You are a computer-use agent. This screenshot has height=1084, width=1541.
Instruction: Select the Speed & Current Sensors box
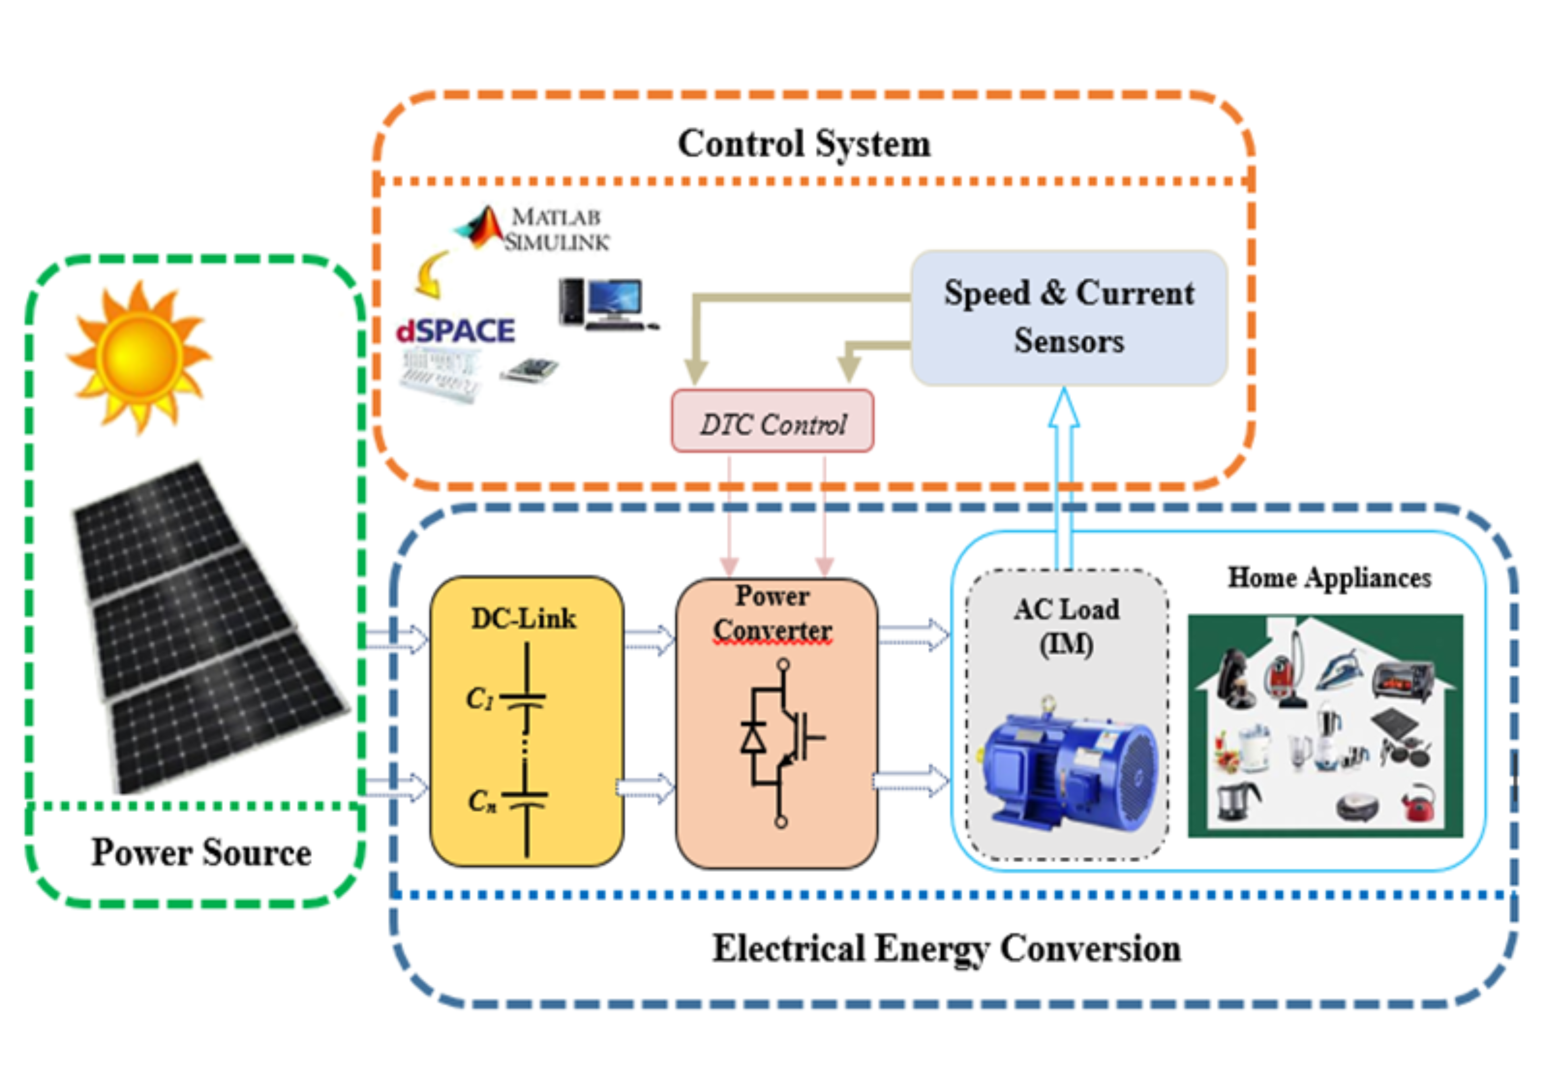(1069, 318)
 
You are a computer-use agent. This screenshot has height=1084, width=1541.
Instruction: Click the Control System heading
(804, 144)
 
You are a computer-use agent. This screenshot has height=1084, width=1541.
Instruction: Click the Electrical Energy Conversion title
(946, 948)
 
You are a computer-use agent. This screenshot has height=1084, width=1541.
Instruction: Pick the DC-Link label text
(523, 618)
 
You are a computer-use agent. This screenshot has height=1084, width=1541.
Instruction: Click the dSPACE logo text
(456, 331)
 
